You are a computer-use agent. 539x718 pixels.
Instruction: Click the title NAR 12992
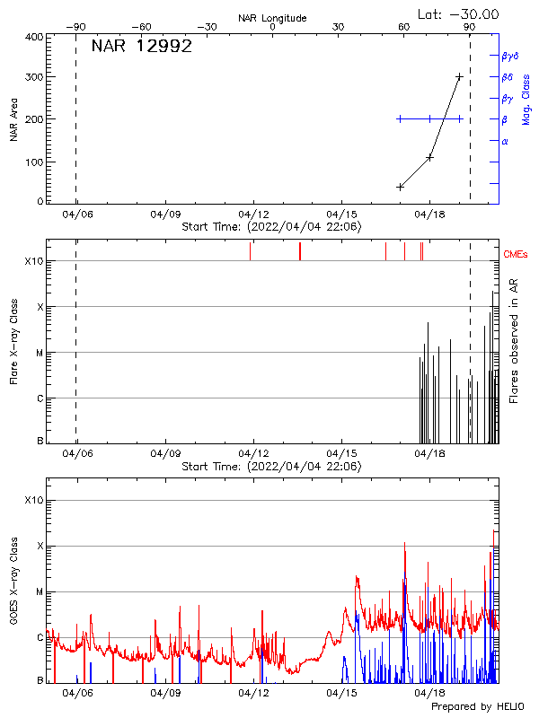(x=141, y=47)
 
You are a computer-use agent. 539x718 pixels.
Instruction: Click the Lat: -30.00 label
(x=459, y=13)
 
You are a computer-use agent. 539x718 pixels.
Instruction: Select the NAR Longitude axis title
(x=272, y=18)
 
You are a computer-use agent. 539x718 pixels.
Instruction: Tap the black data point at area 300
(x=459, y=77)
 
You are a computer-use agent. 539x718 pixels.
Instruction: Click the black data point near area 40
(x=400, y=187)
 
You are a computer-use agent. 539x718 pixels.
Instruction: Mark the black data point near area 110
(x=429, y=157)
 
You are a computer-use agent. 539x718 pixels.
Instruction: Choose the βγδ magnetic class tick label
(x=509, y=56)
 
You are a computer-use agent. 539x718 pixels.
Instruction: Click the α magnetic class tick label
(x=505, y=141)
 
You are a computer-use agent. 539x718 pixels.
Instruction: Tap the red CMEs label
(x=517, y=255)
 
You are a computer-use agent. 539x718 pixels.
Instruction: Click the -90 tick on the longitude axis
(x=76, y=27)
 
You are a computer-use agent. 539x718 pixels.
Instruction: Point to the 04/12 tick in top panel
(x=253, y=215)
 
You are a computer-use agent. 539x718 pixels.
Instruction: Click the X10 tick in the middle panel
(x=33, y=261)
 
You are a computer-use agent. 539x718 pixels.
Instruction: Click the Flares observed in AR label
(x=515, y=340)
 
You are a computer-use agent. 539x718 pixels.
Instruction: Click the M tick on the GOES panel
(x=39, y=592)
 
